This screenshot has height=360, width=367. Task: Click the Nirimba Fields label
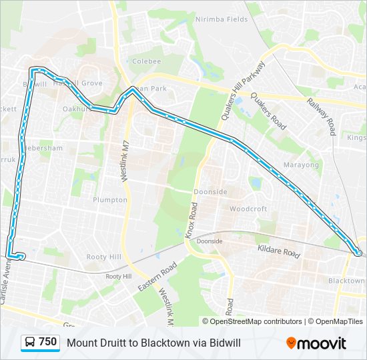[x=221, y=19]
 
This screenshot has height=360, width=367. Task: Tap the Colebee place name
[x=147, y=61]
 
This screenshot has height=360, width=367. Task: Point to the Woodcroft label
[x=248, y=209]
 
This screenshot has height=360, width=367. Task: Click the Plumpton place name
[x=110, y=200]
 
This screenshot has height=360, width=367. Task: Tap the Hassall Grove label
[x=77, y=83]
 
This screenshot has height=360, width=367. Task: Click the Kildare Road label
[x=278, y=251]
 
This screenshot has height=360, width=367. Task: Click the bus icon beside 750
[x=30, y=343]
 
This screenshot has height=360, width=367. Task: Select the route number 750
[x=47, y=342]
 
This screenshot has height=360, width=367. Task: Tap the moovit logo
[x=316, y=343]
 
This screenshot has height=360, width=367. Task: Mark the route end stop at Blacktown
[x=359, y=253]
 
